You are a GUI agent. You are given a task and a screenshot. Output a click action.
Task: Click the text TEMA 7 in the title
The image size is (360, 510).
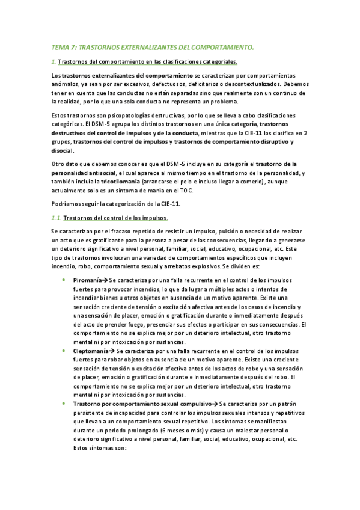[x=62, y=46]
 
